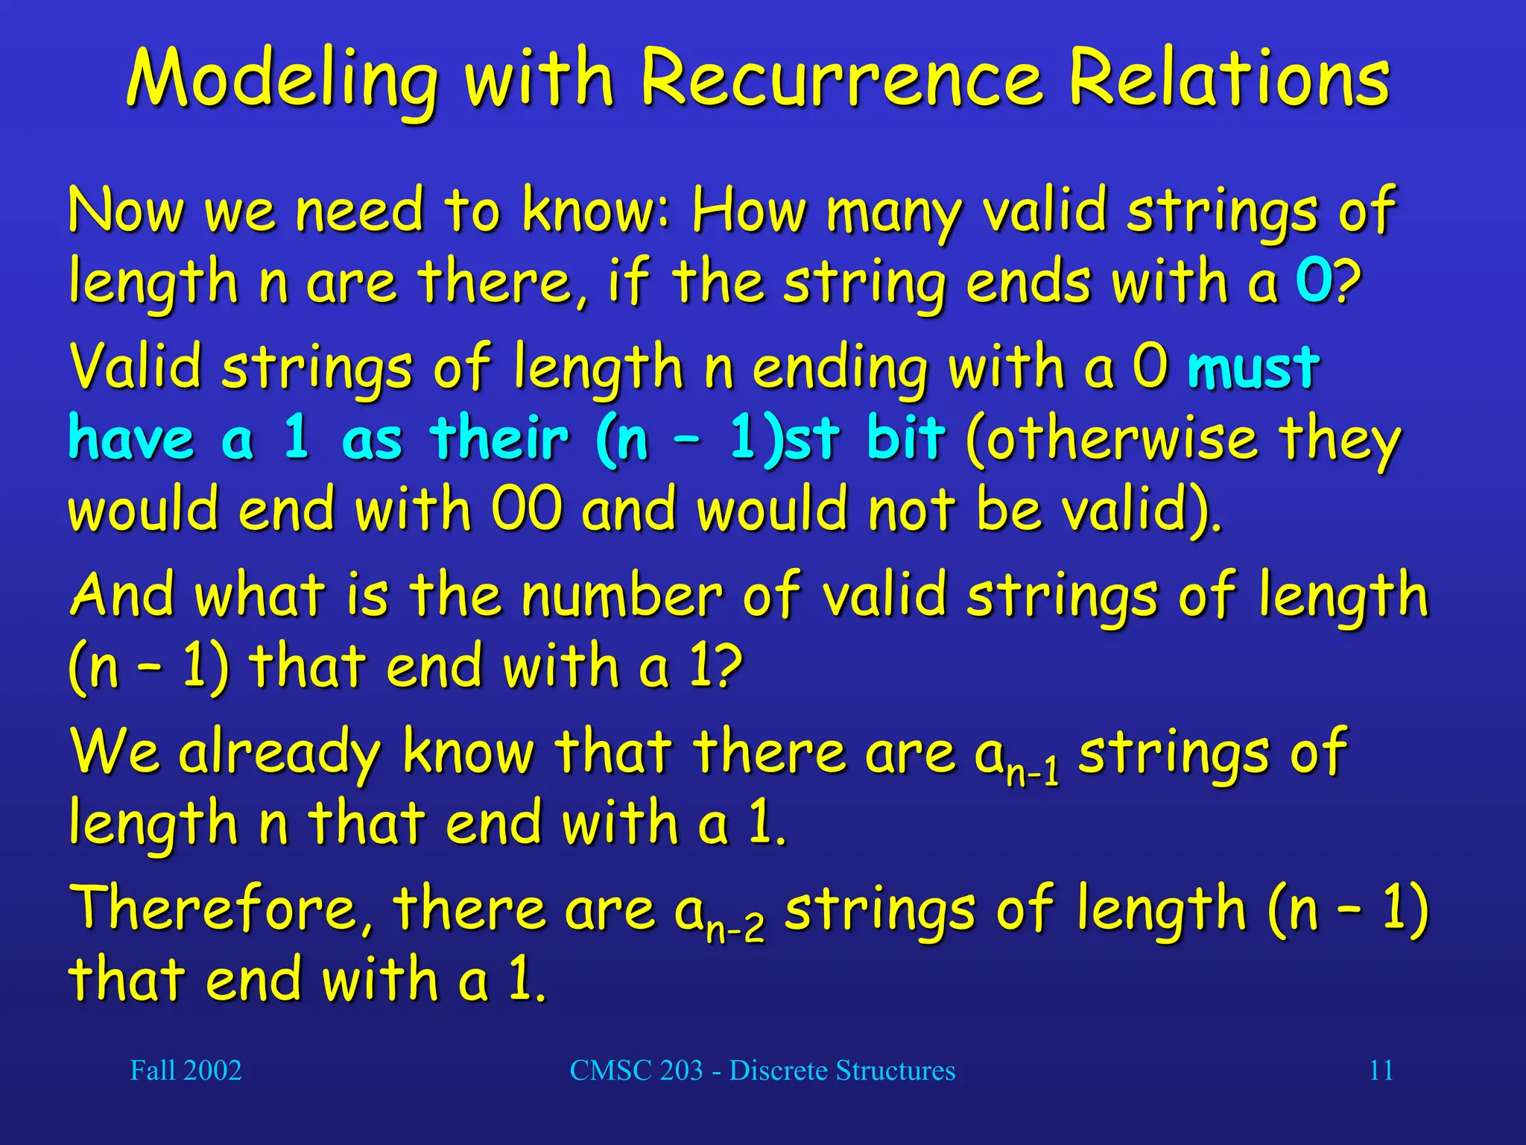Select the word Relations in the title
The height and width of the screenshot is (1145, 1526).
pyautogui.click(x=1229, y=79)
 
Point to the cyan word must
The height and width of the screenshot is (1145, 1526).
pyautogui.click(x=1253, y=368)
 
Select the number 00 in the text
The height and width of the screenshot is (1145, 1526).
pyautogui.click(x=526, y=510)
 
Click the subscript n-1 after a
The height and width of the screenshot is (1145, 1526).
pyautogui.click(x=1032, y=773)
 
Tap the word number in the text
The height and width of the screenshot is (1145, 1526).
pyautogui.click(x=621, y=596)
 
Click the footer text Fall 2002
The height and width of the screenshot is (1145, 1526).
pyautogui.click(x=186, y=1070)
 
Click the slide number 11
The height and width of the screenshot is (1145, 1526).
pyautogui.click(x=1381, y=1070)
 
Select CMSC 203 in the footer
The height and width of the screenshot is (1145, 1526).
pyautogui.click(x=636, y=1070)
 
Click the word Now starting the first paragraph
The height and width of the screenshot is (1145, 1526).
pyautogui.click(x=126, y=212)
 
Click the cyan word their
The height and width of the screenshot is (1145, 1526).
pyautogui.click(x=499, y=438)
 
